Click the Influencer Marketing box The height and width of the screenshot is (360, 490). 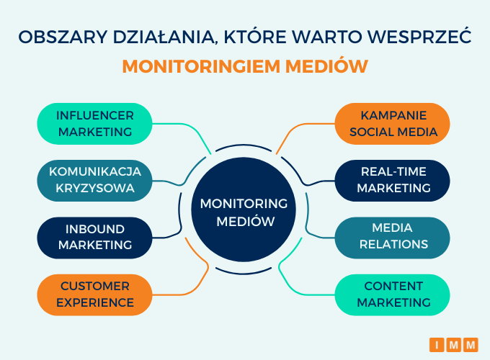(94, 124)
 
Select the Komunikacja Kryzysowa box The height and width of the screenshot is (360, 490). (94, 181)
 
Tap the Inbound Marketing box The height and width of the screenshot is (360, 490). (94, 238)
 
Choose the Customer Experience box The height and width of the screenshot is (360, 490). (94, 294)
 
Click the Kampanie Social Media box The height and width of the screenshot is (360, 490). (393, 124)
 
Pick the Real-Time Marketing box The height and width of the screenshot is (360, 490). (393, 181)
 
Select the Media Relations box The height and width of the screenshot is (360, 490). (393, 238)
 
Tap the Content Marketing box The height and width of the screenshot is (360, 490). (393, 294)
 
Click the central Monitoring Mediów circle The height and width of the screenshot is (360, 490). (244, 210)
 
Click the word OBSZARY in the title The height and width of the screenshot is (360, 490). (63, 37)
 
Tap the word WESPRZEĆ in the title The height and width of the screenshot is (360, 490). (419, 36)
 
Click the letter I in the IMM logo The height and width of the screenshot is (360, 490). (437, 345)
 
